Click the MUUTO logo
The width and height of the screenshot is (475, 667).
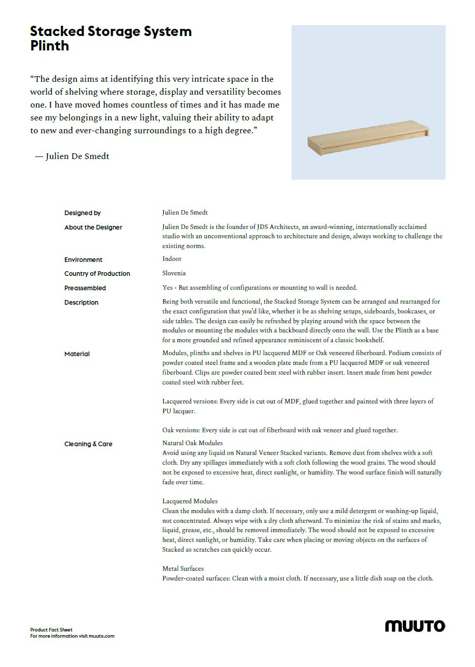pos(415,626)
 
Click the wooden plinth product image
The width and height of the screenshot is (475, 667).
pos(368,137)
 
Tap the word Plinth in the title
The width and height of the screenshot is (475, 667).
pos(49,46)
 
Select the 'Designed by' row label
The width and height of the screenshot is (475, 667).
pos(82,213)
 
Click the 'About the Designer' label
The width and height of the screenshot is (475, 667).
pos(93,227)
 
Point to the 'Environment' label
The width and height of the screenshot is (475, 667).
pos(83,260)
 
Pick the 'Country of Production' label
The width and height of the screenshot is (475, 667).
pos(97,274)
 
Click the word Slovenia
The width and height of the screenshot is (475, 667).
pos(174,273)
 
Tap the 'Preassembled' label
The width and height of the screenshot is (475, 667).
pos(85,288)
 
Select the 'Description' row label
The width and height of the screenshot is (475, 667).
pos(81,303)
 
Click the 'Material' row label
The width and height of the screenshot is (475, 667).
pos(77,354)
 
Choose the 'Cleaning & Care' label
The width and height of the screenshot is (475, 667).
pos(88,444)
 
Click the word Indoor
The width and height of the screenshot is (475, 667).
pos(172,259)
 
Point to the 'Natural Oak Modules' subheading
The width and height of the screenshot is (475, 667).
pos(193,443)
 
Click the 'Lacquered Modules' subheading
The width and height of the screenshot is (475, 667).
pos(190,501)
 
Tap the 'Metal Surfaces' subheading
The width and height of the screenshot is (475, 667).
pos(183,569)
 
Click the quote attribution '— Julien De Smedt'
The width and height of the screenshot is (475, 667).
pos(72,156)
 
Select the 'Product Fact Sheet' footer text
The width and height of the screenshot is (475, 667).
pos(52,629)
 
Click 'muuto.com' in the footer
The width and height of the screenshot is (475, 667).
pos(101,636)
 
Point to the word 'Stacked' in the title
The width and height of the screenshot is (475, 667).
pos(57,31)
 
